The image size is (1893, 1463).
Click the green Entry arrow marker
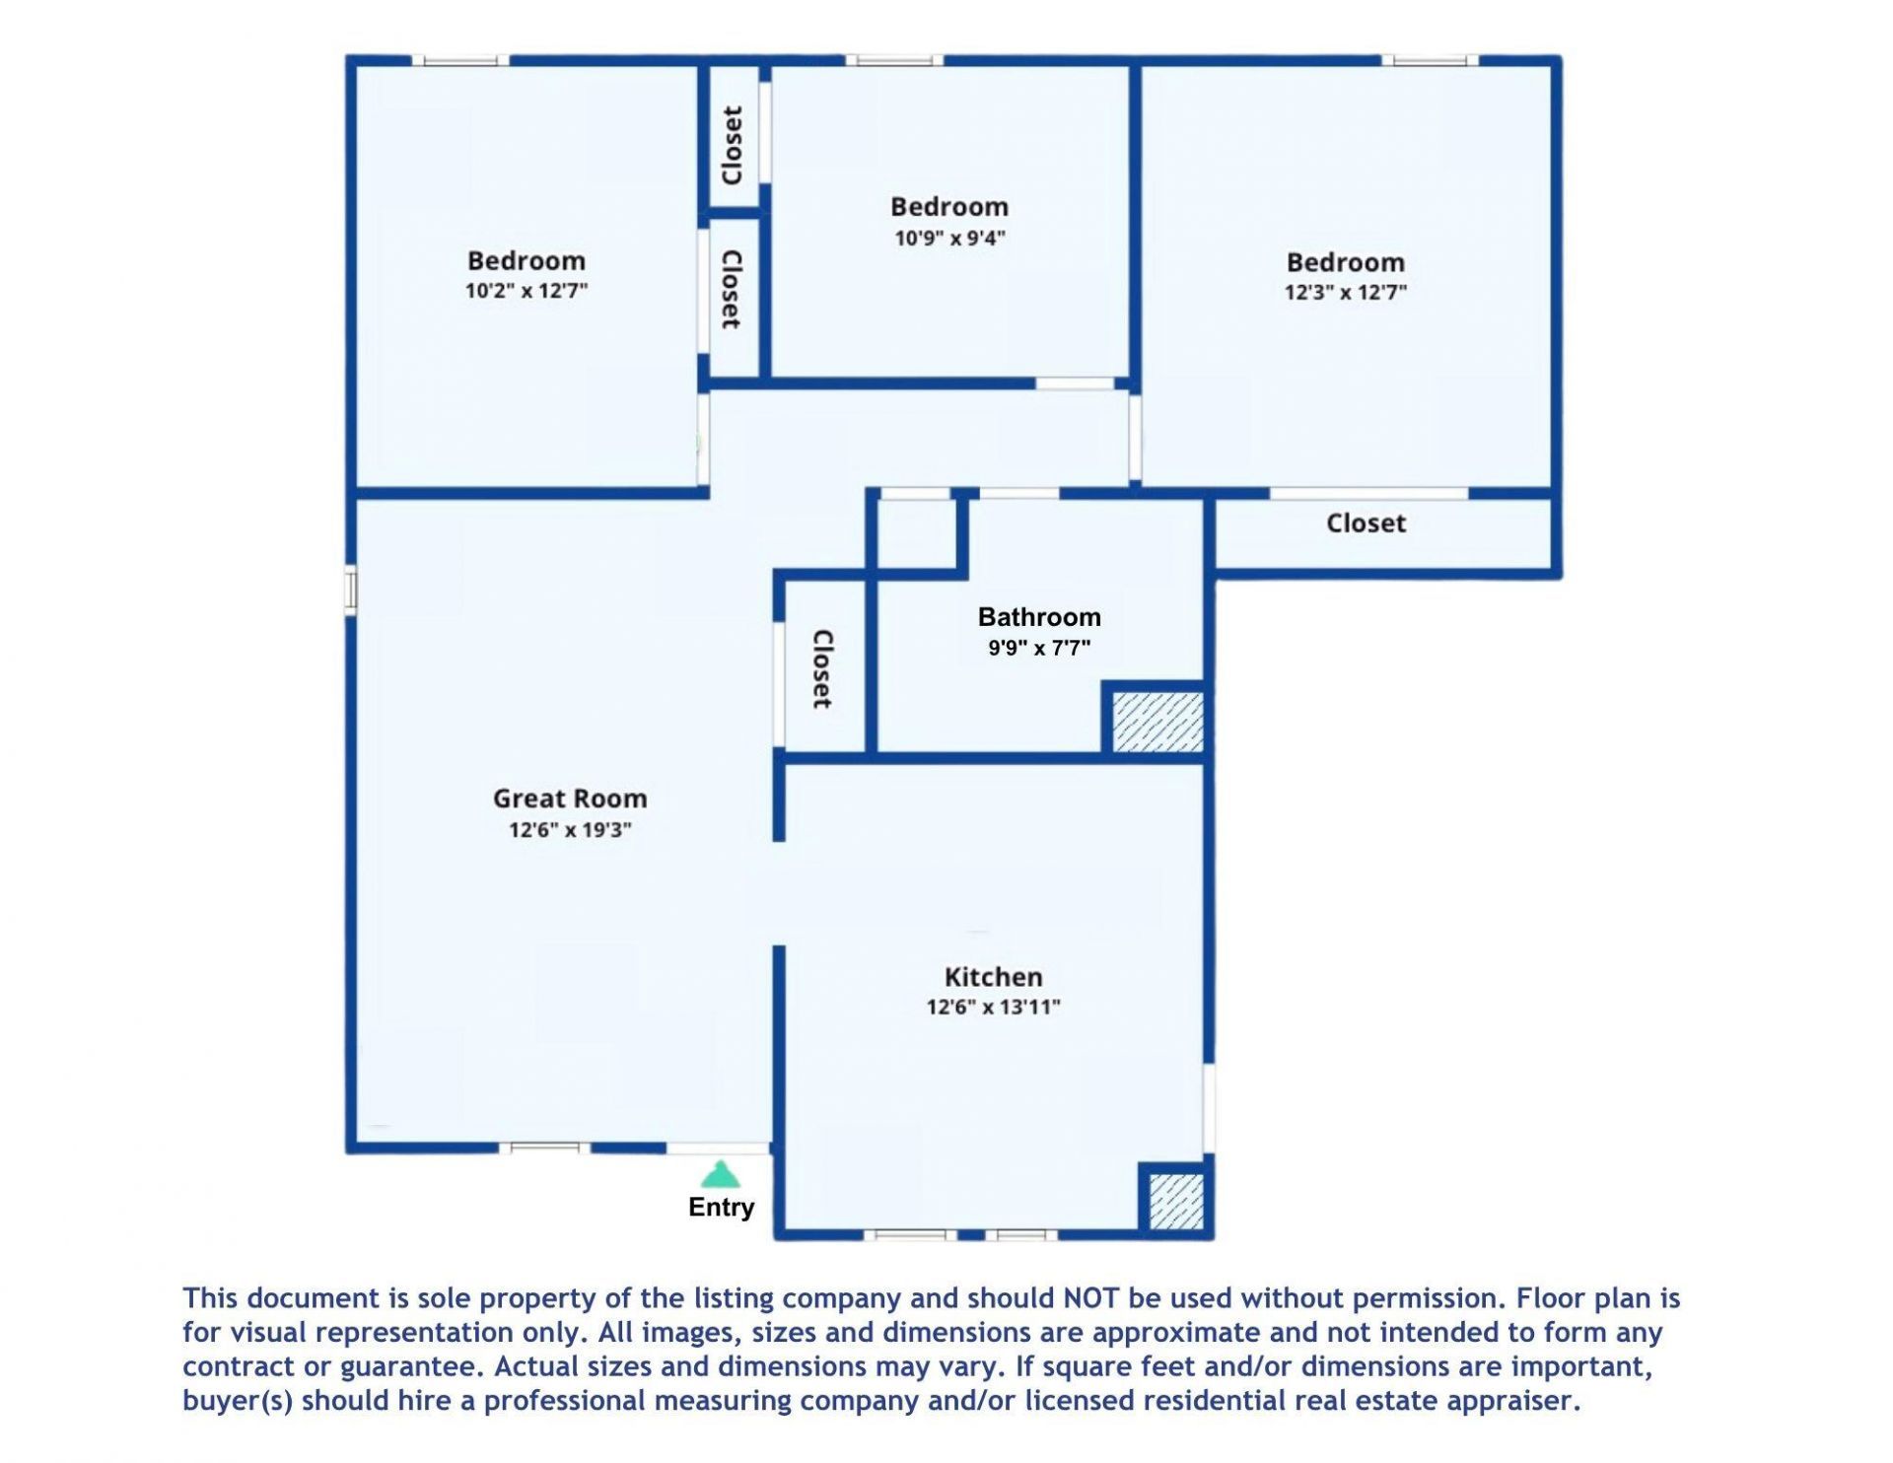(721, 1174)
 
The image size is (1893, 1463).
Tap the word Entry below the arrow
(721, 1207)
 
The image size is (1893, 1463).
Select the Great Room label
(570, 799)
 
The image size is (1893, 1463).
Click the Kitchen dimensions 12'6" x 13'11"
(993, 1007)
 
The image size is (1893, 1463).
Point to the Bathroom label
(1039, 617)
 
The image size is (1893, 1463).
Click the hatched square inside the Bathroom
(1157, 722)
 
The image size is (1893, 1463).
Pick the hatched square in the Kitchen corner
(1176, 1201)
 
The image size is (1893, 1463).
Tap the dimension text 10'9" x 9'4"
(949, 238)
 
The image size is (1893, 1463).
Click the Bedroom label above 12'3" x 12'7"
(1345, 262)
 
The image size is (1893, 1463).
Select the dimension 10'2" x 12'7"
(526, 291)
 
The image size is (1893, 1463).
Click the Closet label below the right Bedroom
(1366, 523)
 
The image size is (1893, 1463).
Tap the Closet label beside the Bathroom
(822, 669)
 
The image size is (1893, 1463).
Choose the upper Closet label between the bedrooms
(732, 145)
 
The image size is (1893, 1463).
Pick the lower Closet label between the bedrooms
(732, 289)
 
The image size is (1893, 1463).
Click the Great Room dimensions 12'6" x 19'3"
(570, 829)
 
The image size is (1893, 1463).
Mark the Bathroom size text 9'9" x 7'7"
(1039, 648)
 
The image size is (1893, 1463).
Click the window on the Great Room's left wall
(350, 591)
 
